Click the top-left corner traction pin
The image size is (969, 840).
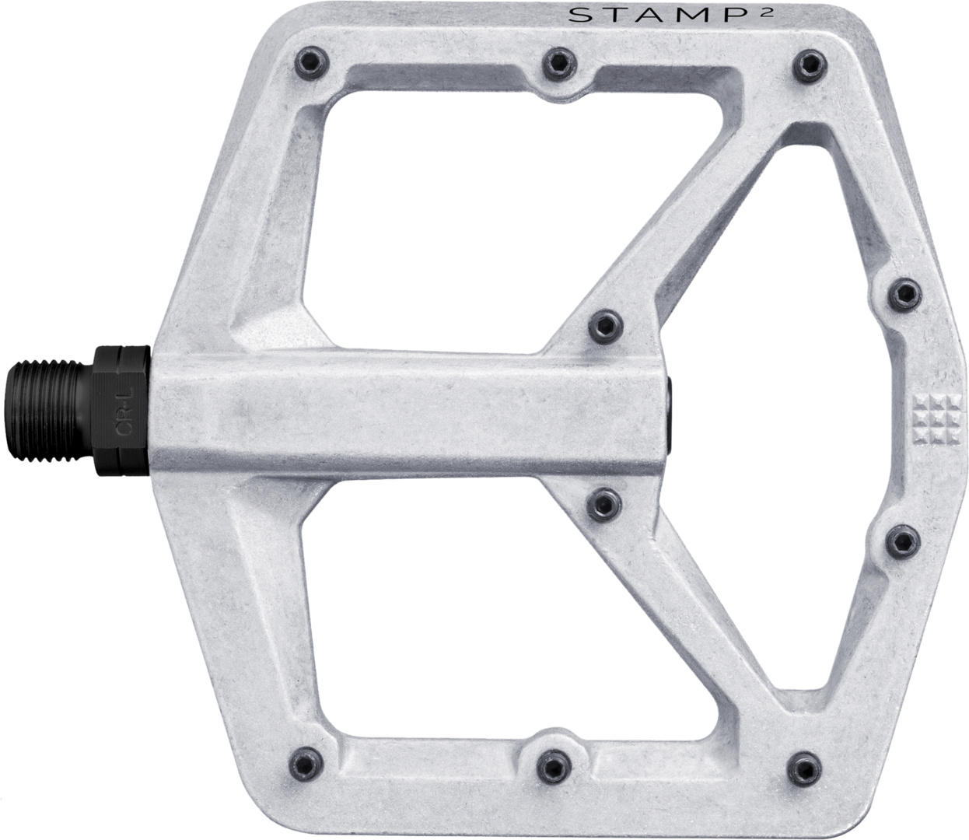[312, 62]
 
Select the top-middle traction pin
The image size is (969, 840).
[559, 64]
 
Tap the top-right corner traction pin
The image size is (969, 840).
[810, 65]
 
